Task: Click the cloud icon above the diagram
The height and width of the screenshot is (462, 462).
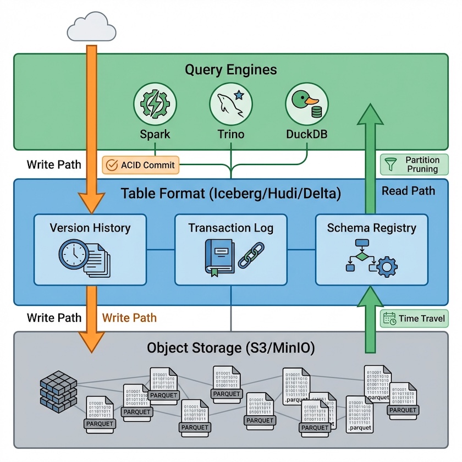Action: coord(91,28)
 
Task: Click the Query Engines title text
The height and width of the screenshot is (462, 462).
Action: coord(230,70)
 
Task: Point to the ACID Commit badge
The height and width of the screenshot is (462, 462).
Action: coord(141,164)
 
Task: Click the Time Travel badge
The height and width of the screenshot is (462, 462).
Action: coord(414,318)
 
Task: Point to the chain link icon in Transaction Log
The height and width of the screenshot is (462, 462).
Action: coord(250,256)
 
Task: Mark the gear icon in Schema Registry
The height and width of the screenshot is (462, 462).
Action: coord(387,267)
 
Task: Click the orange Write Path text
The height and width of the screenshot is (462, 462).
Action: coord(129,318)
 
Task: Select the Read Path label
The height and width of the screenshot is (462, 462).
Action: coord(408,191)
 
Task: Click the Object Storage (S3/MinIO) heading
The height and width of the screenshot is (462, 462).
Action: coord(230,348)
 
